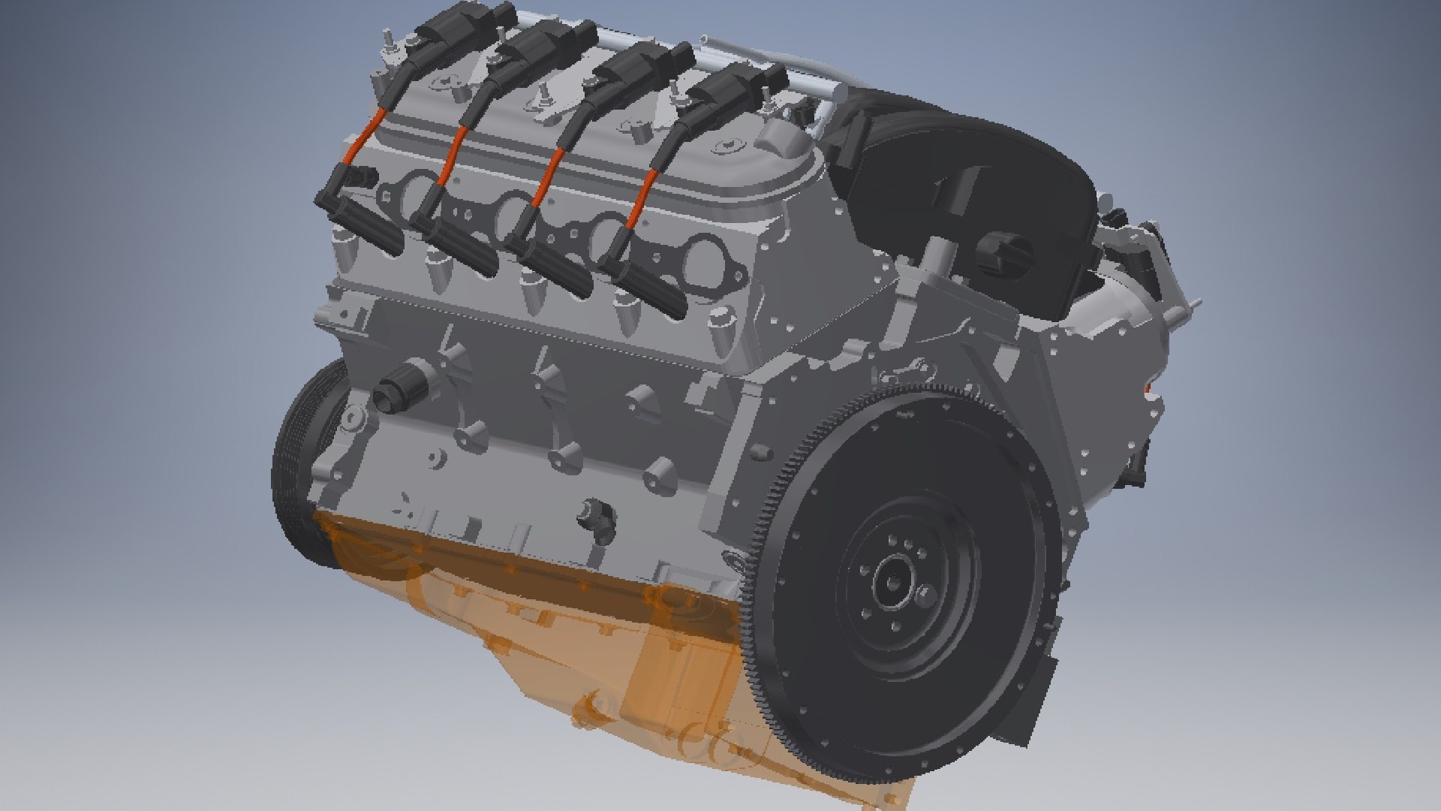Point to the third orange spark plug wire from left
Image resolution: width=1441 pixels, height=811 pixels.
pyautogui.click(x=548, y=176)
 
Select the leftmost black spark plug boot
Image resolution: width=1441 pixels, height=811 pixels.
pyautogui.click(x=368, y=225)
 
